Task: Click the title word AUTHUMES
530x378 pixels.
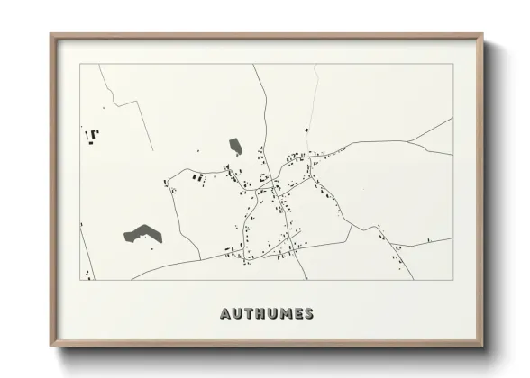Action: [267, 314]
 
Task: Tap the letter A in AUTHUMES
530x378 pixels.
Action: [225, 314]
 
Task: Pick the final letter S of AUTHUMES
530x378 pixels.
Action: [309, 314]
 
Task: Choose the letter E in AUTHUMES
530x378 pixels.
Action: [297, 314]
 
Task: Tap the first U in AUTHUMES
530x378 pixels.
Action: [236, 314]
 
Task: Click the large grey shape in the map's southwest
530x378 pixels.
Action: [142, 234]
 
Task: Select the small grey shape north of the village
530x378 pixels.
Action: [236, 146]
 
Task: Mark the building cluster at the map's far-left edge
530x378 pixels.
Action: [92, 136]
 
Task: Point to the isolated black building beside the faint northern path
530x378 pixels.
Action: [306, 131]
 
